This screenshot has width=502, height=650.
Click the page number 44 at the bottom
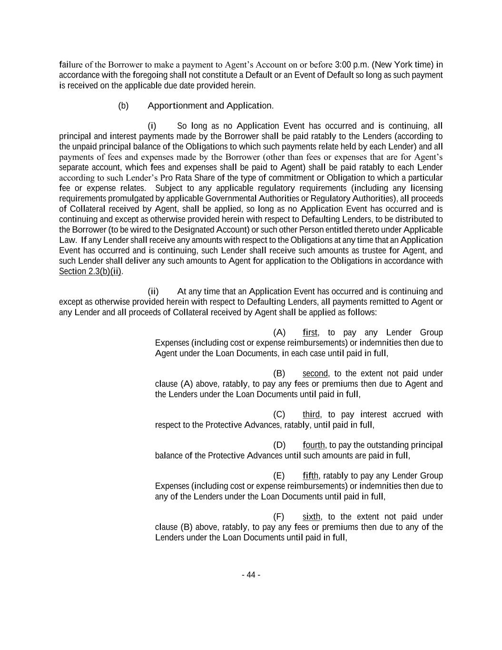[x=251, y=575]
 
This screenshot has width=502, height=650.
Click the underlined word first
[x=310, y=332]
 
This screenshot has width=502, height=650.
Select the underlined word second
[x=315, y=373]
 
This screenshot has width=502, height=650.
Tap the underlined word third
[x=311, y=414]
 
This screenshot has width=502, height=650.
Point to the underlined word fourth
[x=314, y=445]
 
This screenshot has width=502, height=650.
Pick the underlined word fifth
[x=310, y=476]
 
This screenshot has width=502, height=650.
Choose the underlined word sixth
[x=311, y=517]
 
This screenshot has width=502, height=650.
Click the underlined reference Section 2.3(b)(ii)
[x=90, y=271]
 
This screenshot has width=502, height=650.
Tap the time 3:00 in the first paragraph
[x=343, y=65]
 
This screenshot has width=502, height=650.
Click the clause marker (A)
[x=279, y=332]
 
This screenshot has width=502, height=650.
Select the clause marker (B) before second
[x=279, y=373]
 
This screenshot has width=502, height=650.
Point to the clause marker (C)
[x=279, y=414]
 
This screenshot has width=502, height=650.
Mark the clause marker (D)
[x=279, y=445]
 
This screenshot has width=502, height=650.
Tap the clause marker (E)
[x=279, y=476]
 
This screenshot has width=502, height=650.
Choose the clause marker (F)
[x=279, y=517]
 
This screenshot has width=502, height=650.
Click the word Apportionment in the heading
[x=177, y=106]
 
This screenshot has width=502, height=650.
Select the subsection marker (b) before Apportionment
[x=123, y=106]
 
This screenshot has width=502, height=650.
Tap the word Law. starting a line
[x=67, y=240]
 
